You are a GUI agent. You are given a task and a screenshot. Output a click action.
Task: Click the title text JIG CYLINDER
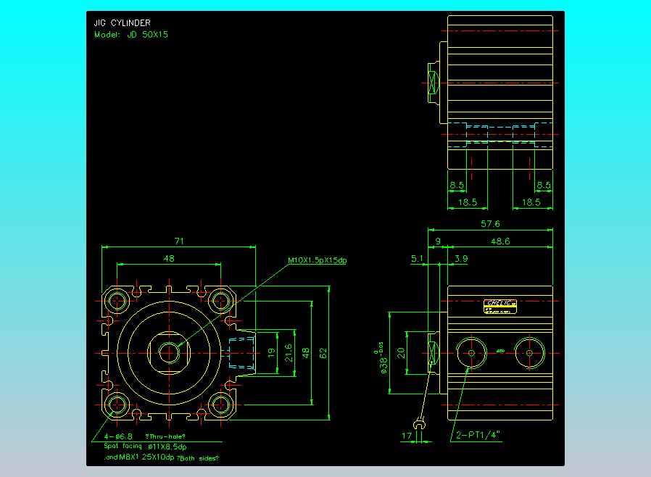pos(122,23)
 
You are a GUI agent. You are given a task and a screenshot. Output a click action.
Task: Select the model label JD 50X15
pos(131,34)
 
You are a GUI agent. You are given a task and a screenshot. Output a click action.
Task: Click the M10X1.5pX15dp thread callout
pos(317,260)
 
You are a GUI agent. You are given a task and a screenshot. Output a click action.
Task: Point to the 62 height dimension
pos(323,352)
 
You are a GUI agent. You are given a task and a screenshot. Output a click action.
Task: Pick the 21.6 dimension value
pos(288,352)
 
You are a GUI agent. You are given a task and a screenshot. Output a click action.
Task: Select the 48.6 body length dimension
pos(499,241)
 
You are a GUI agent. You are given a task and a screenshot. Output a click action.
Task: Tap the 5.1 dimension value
pos(418,258)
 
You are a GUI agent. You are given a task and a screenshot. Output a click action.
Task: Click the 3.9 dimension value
pos(460,258)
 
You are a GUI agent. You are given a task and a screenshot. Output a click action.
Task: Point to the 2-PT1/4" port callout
pos(478,436)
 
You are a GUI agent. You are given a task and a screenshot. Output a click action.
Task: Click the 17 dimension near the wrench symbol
pos(407,436)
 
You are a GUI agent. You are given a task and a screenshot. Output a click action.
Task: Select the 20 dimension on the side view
pos(401,352)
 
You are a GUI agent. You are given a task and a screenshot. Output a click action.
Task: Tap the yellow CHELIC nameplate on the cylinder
pos(499,306)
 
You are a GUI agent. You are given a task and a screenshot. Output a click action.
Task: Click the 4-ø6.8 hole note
pos(118,436)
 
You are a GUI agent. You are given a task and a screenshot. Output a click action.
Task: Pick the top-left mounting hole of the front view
pos(116,299)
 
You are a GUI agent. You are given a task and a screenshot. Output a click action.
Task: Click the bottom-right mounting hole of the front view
pos(220,404)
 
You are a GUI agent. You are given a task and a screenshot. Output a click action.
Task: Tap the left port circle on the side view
pos(471,352)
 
